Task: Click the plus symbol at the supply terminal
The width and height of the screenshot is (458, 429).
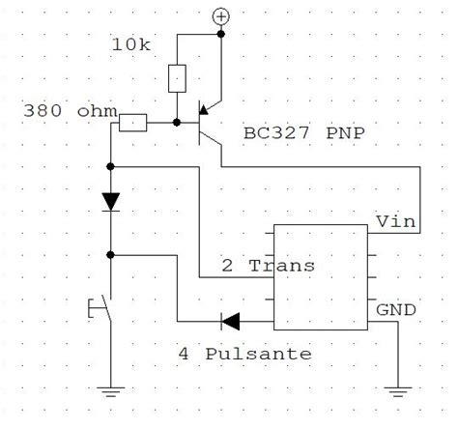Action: [x=221, y=16]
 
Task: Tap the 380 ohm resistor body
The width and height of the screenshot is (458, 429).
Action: [x=132, y=123]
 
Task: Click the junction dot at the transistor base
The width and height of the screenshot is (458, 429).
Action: [x=178, y=123]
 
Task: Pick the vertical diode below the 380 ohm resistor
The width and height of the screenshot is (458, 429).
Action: [x=112, y=201]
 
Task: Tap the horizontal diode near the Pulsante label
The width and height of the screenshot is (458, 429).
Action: [x=229, y=320]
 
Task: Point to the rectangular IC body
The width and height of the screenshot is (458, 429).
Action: [x=320, y=275]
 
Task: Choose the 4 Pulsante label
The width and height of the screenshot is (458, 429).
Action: [x=245, y=354]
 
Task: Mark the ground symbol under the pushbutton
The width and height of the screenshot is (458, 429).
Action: [x=112, y=391]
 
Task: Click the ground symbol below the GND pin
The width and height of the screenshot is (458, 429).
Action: [x=397, y=391]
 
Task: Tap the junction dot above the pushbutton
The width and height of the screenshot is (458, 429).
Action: [x=112, y=255]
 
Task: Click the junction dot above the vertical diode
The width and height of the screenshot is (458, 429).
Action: [x=112, y=167]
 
